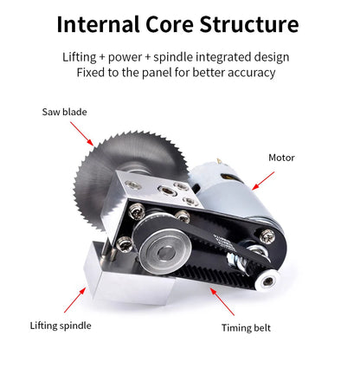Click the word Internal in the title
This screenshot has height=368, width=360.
[x=97, y=23]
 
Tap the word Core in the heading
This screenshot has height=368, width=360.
[x=169, y=23]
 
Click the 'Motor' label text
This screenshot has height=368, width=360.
[x=281, y=158]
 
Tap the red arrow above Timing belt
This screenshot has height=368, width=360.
[x=222, y=303]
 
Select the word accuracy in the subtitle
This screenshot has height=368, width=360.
[x=254, y=73]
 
